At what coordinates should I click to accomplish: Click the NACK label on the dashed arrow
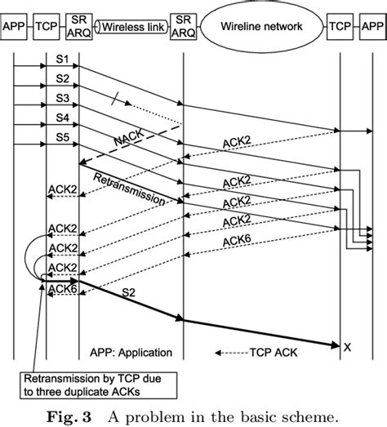tap(127, 143)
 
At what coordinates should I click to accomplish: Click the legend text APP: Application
tap(131, 353)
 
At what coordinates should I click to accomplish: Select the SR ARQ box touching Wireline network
tap(184, 26)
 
